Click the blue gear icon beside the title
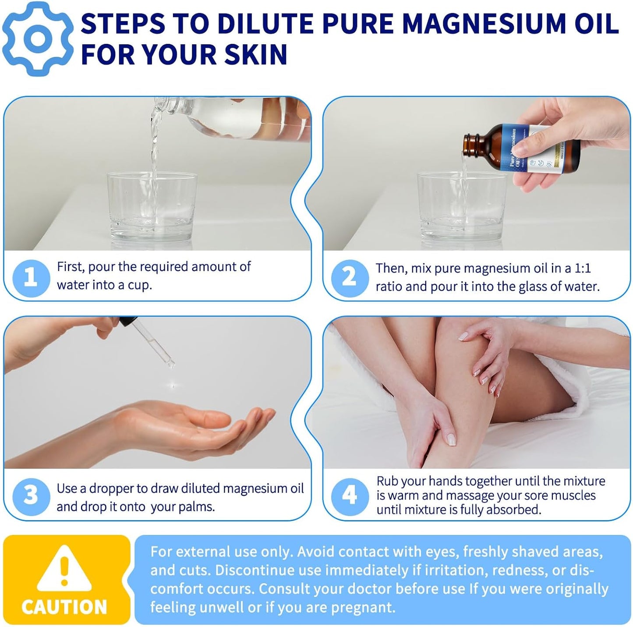[x=38, y=39]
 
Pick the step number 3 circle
[x=31, y=496]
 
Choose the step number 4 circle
[x=349, y=496]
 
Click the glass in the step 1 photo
[x=152, y=206]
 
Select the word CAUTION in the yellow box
[x=64, y=607]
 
